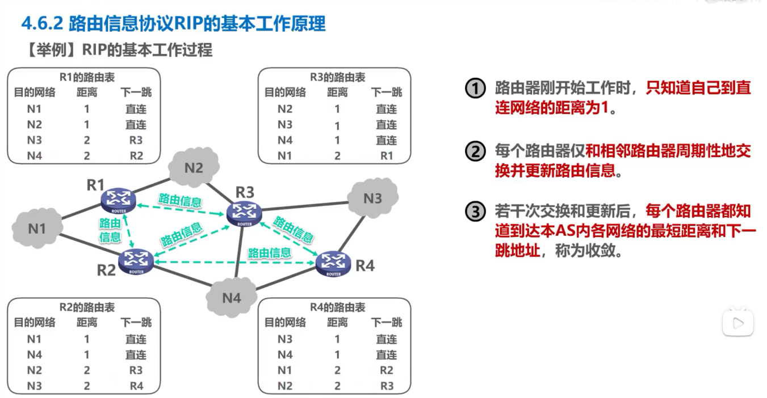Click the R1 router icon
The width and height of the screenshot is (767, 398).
click(119, 198)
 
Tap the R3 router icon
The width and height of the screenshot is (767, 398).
click(245, 213)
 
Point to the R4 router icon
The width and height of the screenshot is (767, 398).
click(333, 263)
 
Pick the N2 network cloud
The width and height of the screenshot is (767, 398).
click(194, 167)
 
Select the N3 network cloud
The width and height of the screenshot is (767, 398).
click(372, 198)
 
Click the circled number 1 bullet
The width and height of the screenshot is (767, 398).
click(475, 88)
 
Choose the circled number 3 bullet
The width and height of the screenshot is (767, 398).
click(475, 212)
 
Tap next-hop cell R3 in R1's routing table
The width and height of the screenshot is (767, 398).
click(136, 140)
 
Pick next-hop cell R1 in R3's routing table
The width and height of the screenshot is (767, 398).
click(387, 155)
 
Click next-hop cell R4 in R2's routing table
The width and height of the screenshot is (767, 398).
click(136, 386)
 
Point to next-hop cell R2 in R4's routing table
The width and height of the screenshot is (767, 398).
click(387, 370)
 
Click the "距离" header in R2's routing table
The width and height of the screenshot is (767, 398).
click(87, 323)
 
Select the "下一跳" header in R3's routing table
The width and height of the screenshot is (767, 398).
click(387, 92)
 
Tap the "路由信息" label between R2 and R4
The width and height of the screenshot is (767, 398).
click(270, 253)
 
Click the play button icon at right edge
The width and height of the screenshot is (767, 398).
click(737, 323)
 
